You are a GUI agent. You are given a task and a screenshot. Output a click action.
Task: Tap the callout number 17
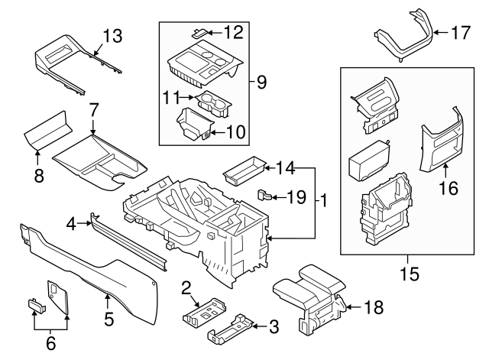[x=460, y=33]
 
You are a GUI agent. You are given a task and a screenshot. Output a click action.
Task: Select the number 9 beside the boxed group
[x=261, y=80]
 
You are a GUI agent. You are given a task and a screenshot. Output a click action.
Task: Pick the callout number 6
[x=50, y=343]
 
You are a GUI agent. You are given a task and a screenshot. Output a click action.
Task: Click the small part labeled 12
[x=198, y=32]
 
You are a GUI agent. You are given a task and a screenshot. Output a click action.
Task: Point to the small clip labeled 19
[x=263, y=193]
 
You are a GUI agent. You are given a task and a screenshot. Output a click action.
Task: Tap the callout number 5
[x=109, y=319]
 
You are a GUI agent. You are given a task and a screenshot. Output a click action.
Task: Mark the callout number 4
[x=72, y=224]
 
